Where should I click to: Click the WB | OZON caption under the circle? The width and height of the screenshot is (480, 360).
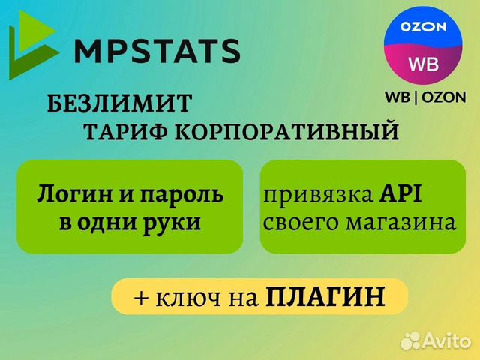(424, 97)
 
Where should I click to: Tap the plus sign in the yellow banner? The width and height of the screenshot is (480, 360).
(141, 297)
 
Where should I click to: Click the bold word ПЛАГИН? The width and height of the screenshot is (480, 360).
(325, 296)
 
